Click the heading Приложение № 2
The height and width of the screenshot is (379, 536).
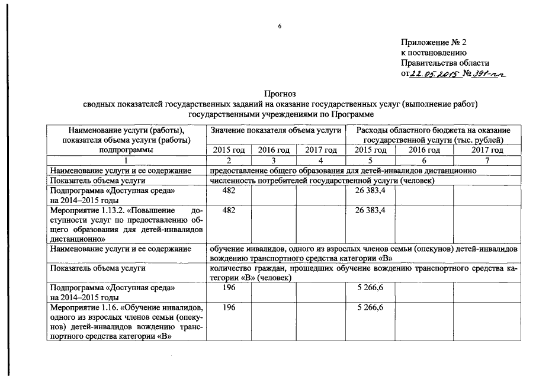pyautogui.click(x=434, y=42)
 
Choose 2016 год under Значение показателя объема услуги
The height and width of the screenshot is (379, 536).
pyautogui.click(x=274, y=150)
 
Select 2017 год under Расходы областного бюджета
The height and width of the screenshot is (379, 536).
pyautogui.click(x=487, y=150)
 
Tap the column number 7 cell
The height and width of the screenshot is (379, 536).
pyautogui.click(x=487, y=160)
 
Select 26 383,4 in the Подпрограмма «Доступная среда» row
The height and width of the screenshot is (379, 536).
pyautogui.click(x=371, y=191)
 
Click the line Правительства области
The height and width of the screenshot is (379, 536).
pyautogui.click(x=445, y=63)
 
